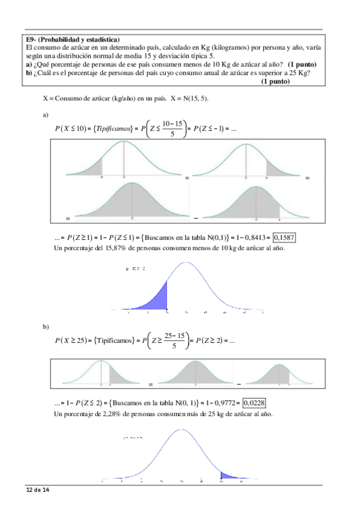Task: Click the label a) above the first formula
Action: [x=45, y=115]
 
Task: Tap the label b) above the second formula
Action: [x=45, y=327]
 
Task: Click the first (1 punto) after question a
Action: [x=302, y=64]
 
